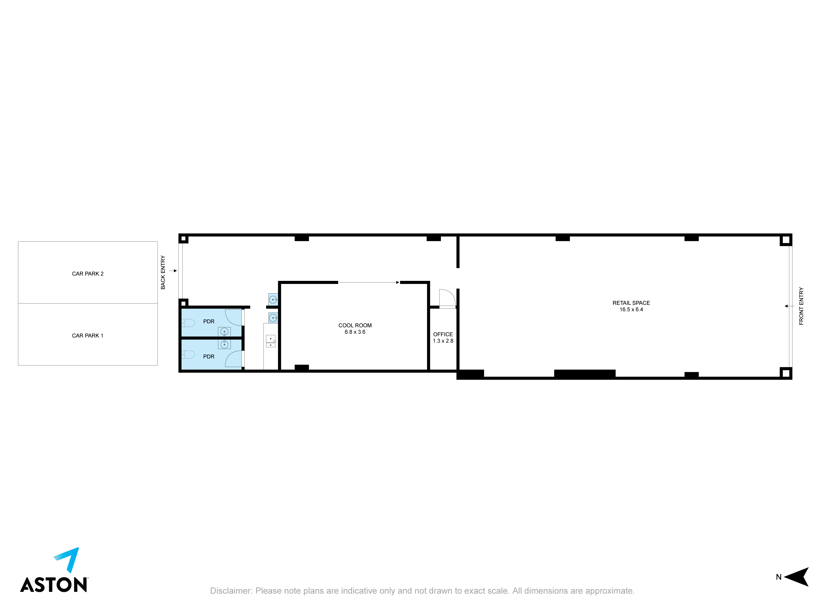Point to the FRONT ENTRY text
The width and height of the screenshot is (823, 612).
coord(801,306)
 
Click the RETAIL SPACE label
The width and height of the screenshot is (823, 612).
coord(631,303)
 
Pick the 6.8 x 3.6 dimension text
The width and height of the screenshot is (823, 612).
coord(355,332)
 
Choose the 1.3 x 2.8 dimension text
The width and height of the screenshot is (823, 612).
coord(443,341)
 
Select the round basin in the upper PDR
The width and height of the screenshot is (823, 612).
coord(224,332)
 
